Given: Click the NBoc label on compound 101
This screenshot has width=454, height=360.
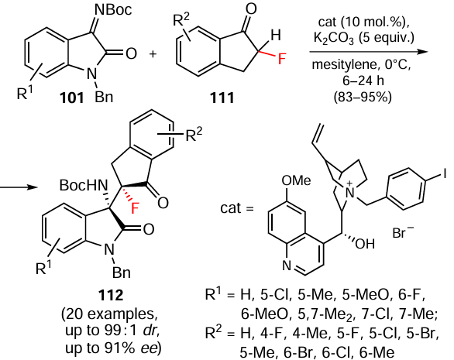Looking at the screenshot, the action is tap(113, 9).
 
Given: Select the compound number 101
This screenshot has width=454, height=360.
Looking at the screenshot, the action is tap(71, 98).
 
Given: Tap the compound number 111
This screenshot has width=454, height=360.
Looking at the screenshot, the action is tap(222, 98).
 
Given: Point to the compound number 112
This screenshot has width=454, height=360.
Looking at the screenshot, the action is tap(111, 295).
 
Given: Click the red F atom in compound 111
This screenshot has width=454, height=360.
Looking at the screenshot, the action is tap(282, 60).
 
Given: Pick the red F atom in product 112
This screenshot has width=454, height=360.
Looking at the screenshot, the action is tap(135, 207).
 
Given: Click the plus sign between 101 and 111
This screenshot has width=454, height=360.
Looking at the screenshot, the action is tap(153, 54).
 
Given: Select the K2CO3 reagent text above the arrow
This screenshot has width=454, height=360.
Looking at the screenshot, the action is tap(333, 38).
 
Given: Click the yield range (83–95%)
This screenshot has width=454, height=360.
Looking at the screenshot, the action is tap(363, 97).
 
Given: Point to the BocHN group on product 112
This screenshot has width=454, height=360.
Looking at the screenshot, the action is tap(83, 185).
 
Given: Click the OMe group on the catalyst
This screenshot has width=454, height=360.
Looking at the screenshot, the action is tap(296, 180).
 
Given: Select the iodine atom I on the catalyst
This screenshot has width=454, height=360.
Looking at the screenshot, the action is tap(444, 174).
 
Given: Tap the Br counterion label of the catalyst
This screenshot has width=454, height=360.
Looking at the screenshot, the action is tap(403, 232).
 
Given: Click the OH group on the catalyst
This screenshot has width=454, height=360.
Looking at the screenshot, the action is tap(365, 244).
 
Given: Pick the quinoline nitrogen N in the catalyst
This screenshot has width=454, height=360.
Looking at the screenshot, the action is tap(287, 266).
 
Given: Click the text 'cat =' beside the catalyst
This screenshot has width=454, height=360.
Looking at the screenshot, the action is tap(237, 208).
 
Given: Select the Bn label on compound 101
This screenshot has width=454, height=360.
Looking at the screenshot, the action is tap(104, 98).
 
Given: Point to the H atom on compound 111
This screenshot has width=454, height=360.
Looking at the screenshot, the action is tap(275, 35).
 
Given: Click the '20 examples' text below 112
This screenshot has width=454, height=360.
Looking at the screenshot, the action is tap(111, 314).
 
